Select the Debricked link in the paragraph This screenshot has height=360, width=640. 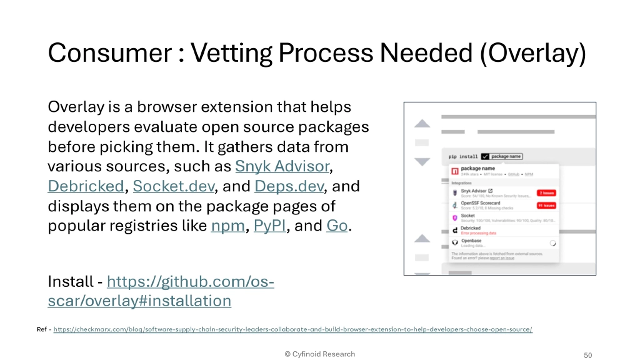tap(86, 186)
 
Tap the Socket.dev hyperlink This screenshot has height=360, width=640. tap(173, 186)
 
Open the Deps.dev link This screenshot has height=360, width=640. tap(288, 186)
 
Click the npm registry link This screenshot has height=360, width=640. tap(227, 226)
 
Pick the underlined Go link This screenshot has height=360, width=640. tap(336, 226)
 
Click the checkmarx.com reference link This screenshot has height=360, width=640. tap(293, 329)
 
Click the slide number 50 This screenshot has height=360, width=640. tap(587, 355)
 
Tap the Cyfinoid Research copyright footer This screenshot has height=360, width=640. tap(319, 354)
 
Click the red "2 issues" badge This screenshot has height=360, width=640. tap(546, 192)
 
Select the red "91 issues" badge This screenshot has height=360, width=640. tap(546, 204)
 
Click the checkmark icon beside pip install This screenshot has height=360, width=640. tap(485, 156)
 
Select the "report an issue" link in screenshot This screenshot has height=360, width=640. tap(502, 257)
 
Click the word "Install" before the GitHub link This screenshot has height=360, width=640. tap(69, 282)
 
